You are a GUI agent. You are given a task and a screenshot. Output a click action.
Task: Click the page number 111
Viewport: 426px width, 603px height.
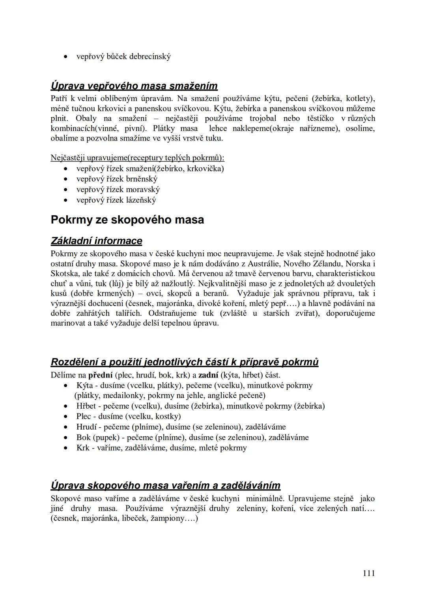[x=368, y=573]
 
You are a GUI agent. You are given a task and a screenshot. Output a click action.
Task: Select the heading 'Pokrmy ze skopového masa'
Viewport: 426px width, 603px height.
[x=127, y=220]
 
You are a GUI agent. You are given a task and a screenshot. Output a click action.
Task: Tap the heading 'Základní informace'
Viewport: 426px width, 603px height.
[x=97, y=241]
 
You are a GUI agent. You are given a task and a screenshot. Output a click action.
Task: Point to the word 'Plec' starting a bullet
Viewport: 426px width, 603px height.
[x=84, y=416]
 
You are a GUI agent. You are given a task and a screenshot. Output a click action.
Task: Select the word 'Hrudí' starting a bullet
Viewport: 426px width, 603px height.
[x=87, y=426]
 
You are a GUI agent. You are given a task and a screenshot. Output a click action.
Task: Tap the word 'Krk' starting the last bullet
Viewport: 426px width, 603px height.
[x=83, y=448]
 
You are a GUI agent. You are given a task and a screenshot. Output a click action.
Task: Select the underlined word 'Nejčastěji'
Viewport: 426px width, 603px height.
[x=67, y=158]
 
